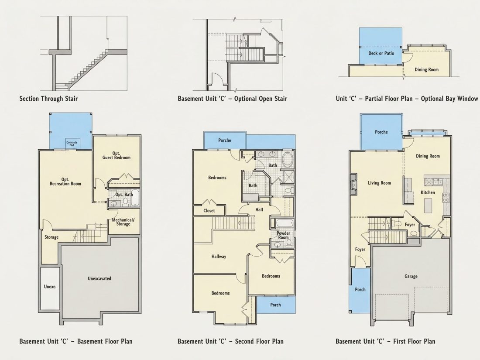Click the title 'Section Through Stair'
coord(48,99)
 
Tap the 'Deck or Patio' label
coord(381,53)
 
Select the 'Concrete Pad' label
coord(72,144)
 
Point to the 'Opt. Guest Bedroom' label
coord(117,155)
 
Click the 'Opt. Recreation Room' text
coord(65,182)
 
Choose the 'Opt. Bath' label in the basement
coord(124,195)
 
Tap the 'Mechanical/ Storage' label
coord(123,222)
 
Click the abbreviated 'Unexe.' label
coord(50,287)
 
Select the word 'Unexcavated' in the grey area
coord(99,278)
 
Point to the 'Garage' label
coord(411,276)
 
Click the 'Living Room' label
coord(379,183)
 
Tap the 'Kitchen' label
coord(428,192)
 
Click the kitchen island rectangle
coord(428,206)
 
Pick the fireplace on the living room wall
coord(353,185)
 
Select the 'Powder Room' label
coord(283,235)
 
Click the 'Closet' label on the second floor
coord(209,211)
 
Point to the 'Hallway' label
coord(219,257)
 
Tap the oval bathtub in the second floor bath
coord(287,160)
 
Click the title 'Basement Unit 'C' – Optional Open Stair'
coord(232,99)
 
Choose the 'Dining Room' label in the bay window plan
coord(426,70)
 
